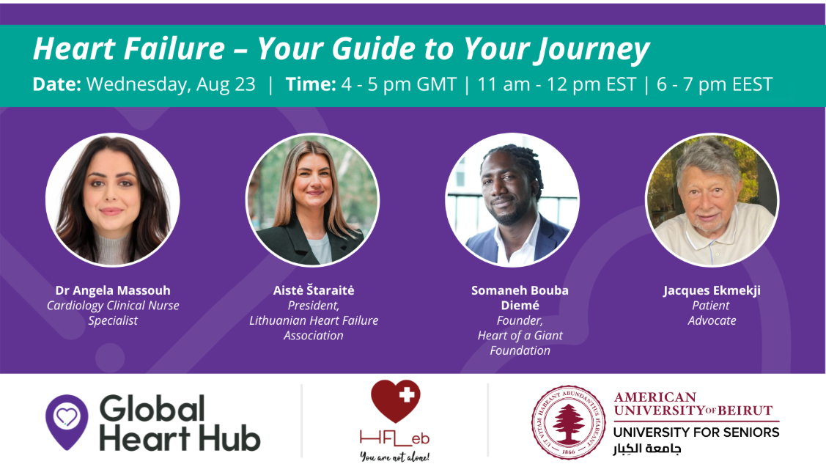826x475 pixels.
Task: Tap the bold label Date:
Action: point(57,84)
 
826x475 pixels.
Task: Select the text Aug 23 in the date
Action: point(226,85)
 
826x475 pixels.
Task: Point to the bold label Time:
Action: point(311,84)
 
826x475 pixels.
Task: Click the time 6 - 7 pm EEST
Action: point(715,84)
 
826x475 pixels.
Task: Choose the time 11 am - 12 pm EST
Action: point(557,84)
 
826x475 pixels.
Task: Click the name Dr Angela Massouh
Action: point(113,290)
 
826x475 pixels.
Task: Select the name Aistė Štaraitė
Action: point(314,290)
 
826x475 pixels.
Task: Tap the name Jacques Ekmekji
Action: point(712,291)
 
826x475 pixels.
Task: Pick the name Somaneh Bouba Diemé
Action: point(520,298)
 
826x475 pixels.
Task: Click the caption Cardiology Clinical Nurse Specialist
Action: point(113,313)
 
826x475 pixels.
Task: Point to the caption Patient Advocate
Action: point(712,313)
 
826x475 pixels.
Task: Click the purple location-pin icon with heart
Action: point(67,421)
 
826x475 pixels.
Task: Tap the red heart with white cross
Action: point(396,401)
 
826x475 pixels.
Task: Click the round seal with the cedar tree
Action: point(569,421)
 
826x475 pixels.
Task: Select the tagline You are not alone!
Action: point(394,457)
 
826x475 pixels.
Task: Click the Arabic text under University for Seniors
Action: point(647,449)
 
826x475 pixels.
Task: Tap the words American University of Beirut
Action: point(693,404)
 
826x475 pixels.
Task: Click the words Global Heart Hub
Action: point(180,424)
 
